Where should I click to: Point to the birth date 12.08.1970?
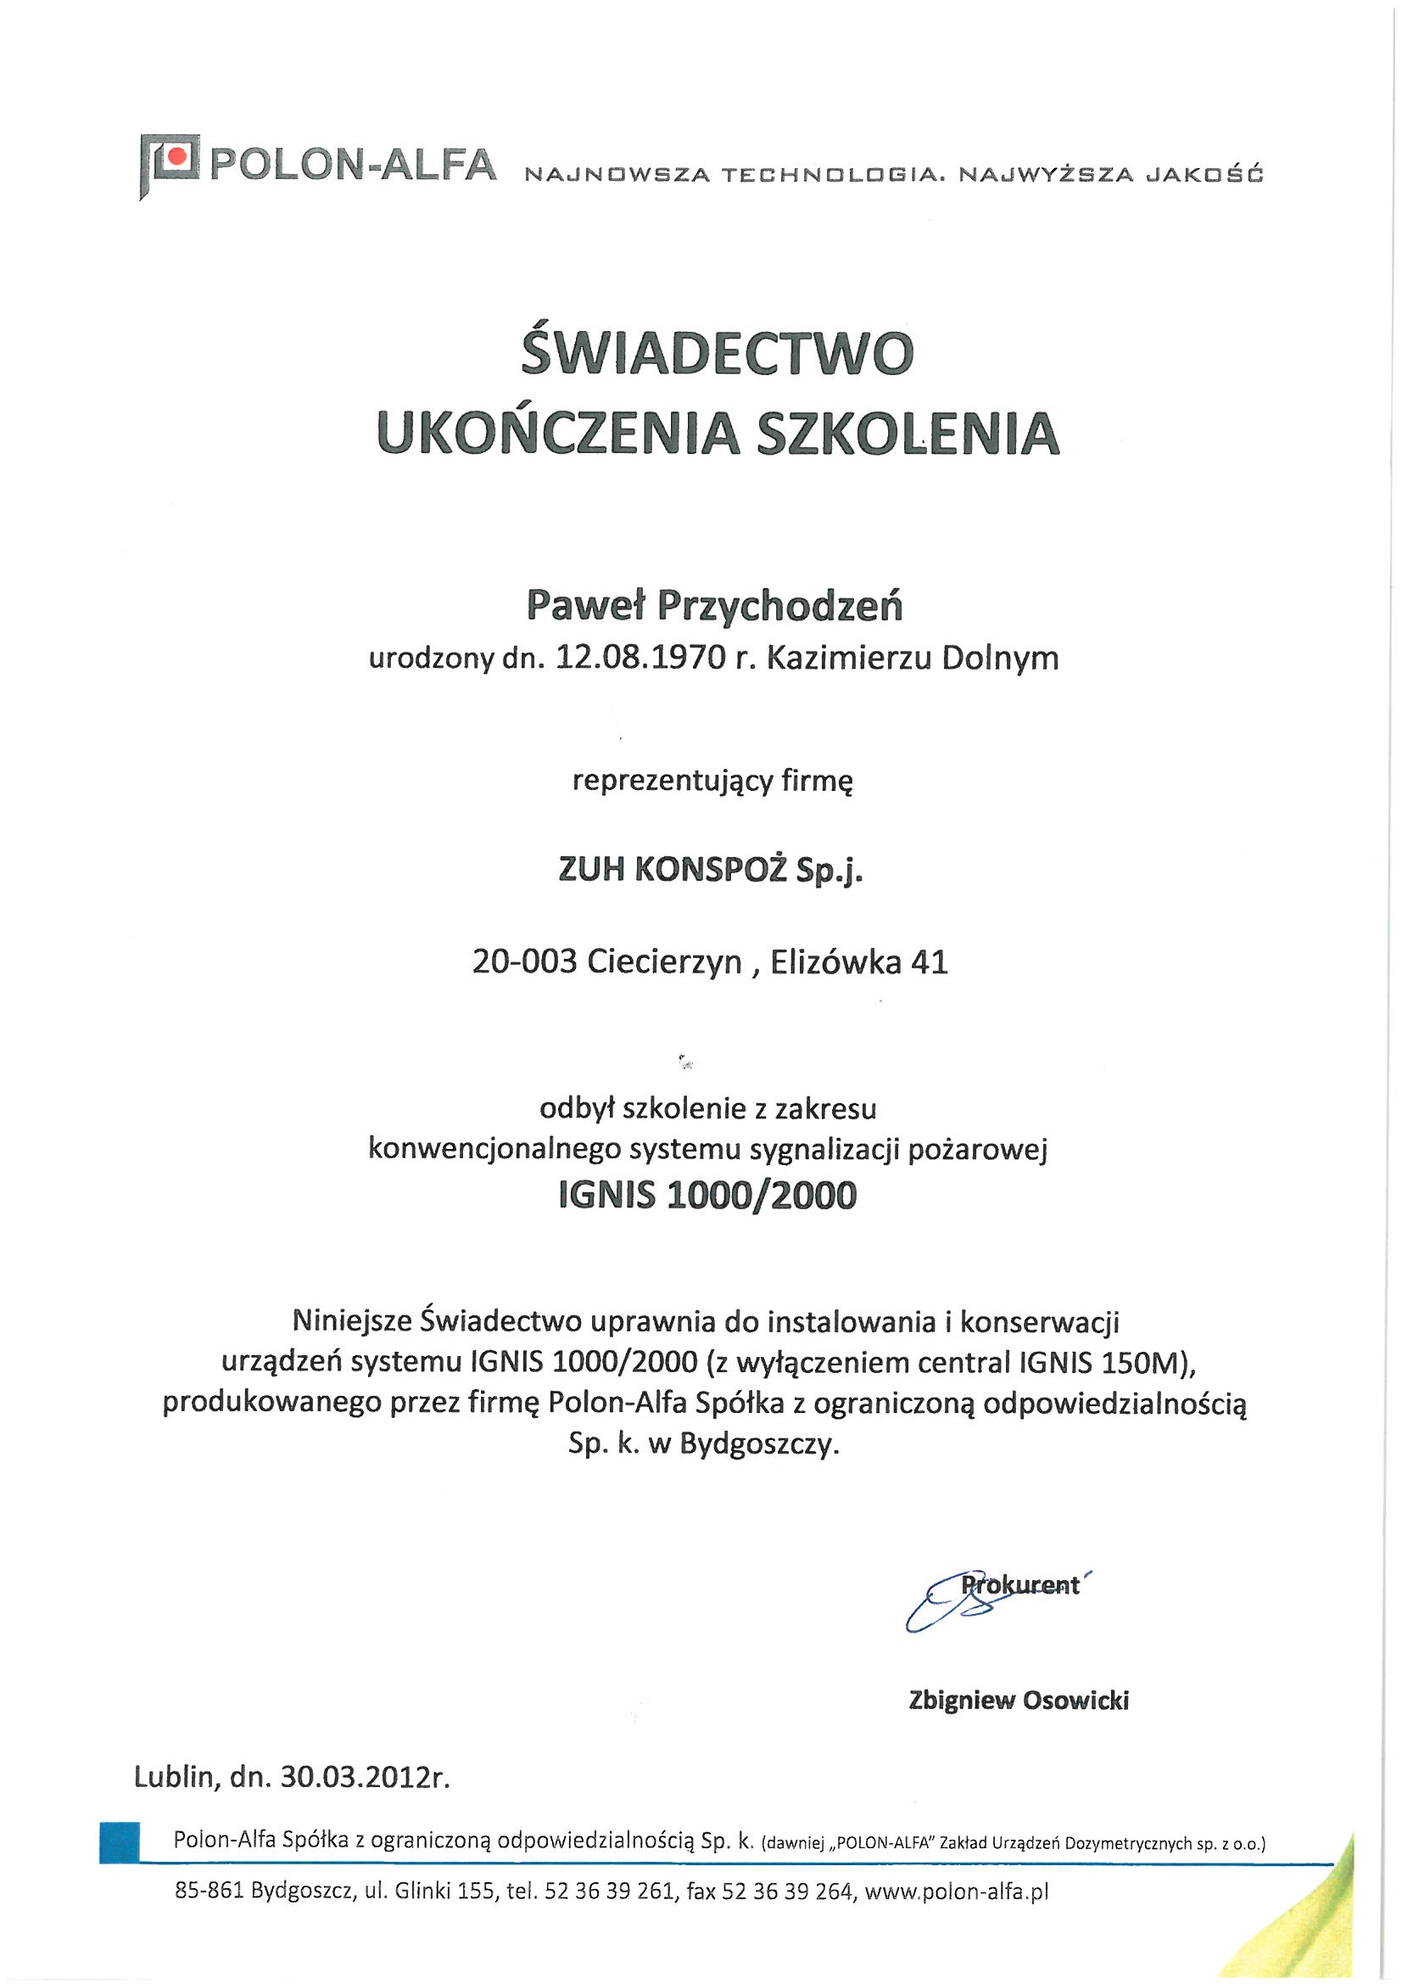pos(641,659)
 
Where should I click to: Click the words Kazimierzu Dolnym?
pos(913,659)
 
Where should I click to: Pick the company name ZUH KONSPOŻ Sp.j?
pos(711,871)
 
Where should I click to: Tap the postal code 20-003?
pos(524,961)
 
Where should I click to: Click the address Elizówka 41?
pos(858,961)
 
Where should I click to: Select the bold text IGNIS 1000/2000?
pos(707,1195)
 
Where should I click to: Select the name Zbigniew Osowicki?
pos(1019,1701)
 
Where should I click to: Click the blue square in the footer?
pos(120,1841)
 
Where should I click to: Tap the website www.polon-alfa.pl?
pos(956,1892)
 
